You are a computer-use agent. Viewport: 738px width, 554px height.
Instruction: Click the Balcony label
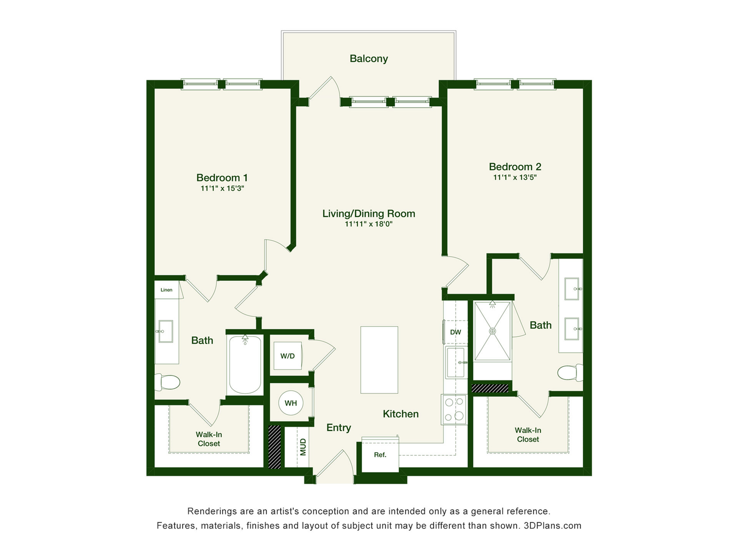tap(369, 58)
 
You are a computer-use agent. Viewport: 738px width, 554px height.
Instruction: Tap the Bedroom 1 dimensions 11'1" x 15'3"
tap(222, 188)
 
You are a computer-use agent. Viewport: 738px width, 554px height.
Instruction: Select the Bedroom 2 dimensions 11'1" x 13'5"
tap(515, 177)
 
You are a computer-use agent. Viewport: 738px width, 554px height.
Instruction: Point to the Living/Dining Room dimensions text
tap(369, 224)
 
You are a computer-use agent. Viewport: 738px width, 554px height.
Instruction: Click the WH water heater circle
tap(291, 403)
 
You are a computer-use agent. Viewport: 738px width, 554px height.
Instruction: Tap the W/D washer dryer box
tap(288, 356)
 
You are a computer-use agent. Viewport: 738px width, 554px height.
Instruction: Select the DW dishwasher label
tap(455, 332)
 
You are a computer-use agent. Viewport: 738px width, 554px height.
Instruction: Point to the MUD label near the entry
tap(303, 447)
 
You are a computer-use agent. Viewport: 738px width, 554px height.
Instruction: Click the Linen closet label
tap(166, 290)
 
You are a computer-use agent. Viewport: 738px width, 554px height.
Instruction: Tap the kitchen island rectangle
tap(379, 360)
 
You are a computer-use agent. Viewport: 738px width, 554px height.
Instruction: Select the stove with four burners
tap(454, 410)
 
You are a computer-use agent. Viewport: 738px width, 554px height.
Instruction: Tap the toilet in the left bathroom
tap(168, 382)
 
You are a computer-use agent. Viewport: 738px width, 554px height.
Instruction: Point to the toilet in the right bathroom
tap(570, 372)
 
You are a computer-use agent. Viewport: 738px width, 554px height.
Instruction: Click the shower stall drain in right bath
tap(492, 331)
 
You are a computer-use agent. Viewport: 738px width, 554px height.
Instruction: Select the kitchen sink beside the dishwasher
tap(456, 362)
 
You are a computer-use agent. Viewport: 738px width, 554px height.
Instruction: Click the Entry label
tap(339, 428)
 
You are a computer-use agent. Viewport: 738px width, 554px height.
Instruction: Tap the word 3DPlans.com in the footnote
tap(552, 526)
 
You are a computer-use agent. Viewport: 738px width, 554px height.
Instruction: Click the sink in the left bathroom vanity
tap(165, 331)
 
